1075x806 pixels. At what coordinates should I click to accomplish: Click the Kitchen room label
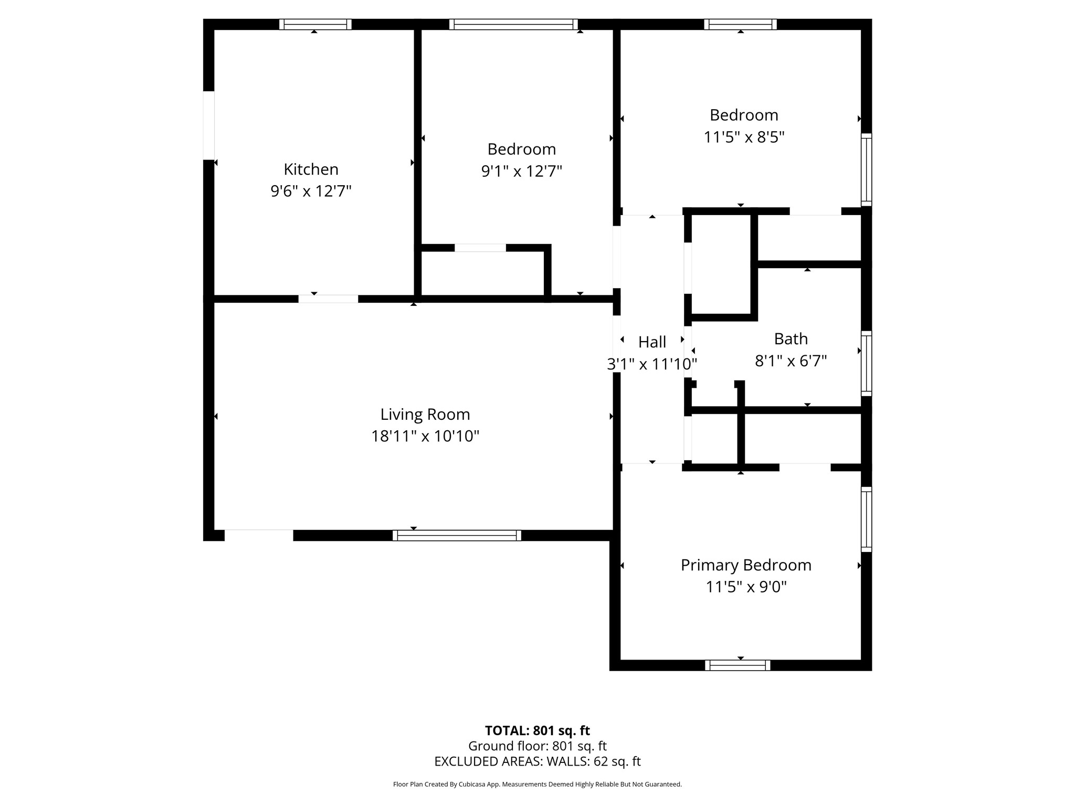pos(311,169)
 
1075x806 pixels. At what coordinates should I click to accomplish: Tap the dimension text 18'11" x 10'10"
pos(425,436)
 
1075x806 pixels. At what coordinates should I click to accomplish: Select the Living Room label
pos(425,415)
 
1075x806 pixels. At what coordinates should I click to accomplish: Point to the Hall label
pos(652,342)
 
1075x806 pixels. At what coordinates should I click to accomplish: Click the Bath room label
pos(791,339)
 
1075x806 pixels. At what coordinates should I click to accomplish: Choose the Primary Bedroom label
pos(746,565)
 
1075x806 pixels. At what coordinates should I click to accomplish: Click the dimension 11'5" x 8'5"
pos(744,137)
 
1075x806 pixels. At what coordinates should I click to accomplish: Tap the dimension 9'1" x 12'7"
pos(521,172)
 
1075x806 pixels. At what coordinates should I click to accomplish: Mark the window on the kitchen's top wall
pos(315,24)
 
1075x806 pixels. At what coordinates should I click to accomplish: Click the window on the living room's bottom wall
pos(457,535)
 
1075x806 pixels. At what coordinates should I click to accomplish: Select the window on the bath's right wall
pos(866,363)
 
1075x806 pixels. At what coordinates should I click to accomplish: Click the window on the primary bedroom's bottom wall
pos(737,665)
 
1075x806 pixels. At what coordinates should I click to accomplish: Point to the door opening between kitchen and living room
pos(328,299)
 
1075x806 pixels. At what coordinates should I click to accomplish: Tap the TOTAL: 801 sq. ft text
pos(537,730)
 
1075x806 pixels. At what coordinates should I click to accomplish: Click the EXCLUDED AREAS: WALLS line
pos(537,761)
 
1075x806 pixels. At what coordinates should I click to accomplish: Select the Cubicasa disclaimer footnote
pos(537,784)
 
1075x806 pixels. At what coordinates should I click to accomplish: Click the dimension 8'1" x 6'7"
pos(791,361)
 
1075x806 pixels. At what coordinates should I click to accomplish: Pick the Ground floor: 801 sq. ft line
pos(537,746)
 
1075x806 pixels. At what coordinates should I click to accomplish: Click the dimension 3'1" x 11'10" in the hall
pos(652,364)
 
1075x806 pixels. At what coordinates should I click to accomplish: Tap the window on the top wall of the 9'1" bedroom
pos(513,24)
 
